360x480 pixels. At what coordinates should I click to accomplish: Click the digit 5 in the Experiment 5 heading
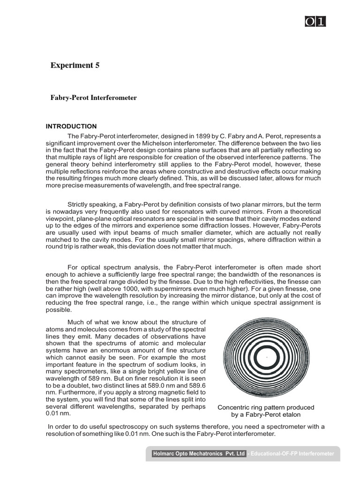(97, 65)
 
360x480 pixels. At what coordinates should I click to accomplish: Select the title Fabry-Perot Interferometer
(94, 98)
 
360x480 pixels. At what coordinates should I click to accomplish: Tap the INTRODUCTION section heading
(71, 127)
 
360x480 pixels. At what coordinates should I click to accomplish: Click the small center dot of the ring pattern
(266, 357)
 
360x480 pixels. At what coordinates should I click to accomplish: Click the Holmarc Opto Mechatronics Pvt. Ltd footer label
(199, 454)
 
